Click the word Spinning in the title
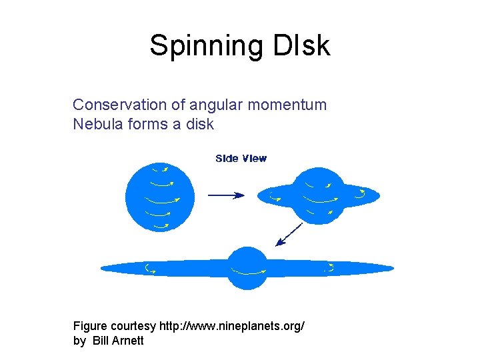[206, 46]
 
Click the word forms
[145, 123]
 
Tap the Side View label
[241, 159]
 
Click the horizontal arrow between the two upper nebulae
[226, 195]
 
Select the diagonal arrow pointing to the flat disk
[288, 235]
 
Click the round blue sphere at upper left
[160, 196]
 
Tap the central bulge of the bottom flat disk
[247, 268]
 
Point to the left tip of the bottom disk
[105, 269]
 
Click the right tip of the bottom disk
[390, 269]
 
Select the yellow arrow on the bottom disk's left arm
[151, 269]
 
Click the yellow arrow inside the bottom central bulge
[247, 271]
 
